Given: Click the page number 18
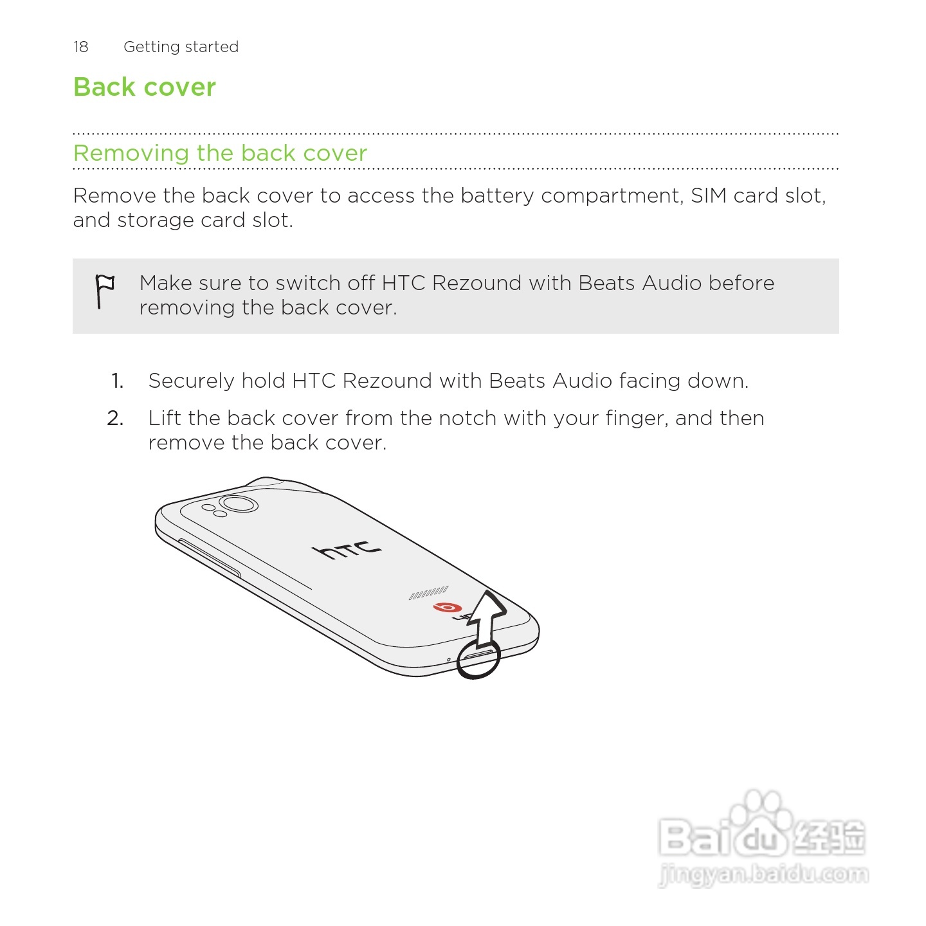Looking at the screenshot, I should coord(80,47).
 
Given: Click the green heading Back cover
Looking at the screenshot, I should coord(145,87).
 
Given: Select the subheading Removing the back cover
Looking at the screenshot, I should coord(220,153).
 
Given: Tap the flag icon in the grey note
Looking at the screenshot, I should coord(104,291).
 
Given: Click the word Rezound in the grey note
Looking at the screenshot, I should coord(477,283).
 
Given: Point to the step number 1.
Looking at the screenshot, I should coord(117,381).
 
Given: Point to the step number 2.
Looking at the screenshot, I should coord(116,419).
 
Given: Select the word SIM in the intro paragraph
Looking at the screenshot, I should coord(709,195).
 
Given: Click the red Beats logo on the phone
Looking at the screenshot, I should coord(448,607).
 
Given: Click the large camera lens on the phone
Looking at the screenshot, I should coord(239,504).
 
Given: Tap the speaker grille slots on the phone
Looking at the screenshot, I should coord(429,593).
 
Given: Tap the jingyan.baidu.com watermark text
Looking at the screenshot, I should coord(763,875).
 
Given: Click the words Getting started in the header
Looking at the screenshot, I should coord(181,47).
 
